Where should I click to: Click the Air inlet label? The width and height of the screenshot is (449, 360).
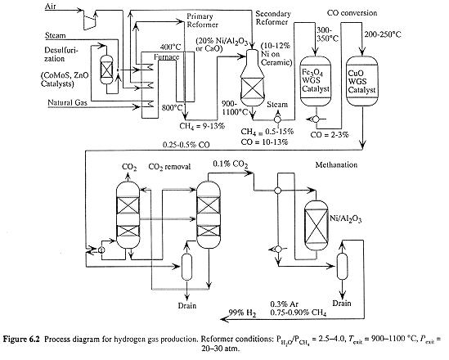click(51, 7)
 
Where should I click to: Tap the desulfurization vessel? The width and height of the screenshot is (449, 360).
click(106, 68)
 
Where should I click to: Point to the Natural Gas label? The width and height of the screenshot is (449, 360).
click(67, 102)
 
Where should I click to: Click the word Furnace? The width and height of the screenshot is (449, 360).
click(166, 57)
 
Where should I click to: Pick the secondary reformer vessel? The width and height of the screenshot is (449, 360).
click(252, 78)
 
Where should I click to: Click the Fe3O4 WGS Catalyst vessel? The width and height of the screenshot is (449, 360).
click(315, 81)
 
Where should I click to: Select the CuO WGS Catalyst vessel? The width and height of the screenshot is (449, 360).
click(362, 81)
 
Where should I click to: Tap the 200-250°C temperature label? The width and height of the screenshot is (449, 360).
click(383, 34)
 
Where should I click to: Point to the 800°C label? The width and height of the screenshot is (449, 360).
click(172, 108)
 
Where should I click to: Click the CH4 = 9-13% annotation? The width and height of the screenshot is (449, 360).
click(202, 126)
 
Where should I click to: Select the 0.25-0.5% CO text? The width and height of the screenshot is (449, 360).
click(186, 145)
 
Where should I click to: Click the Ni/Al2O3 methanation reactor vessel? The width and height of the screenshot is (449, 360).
click(316, 226)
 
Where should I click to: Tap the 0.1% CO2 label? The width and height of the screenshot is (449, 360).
click(231, 164)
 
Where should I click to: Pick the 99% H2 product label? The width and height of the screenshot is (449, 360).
click(242, 313)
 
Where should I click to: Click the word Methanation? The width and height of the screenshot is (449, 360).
click(336, 165)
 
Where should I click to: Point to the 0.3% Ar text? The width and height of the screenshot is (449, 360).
click(285, 304)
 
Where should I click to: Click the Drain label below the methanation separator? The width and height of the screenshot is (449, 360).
click(342, 303)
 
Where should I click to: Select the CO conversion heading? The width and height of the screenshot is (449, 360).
click(352, 13)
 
